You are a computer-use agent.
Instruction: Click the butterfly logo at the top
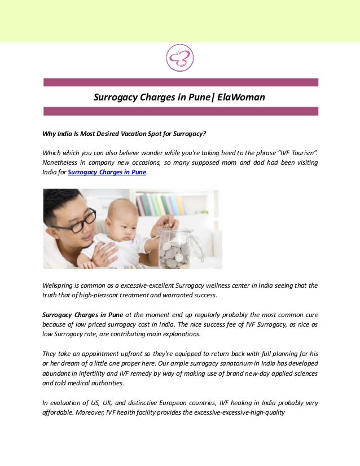[x=180, y=58]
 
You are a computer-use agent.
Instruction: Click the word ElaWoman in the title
[x=240, y=97]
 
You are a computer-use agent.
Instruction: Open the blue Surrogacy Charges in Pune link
[x=107, y=173]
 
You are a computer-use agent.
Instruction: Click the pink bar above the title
[x=181, y=82]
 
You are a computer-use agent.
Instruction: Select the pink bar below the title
[x=181, y=111]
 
